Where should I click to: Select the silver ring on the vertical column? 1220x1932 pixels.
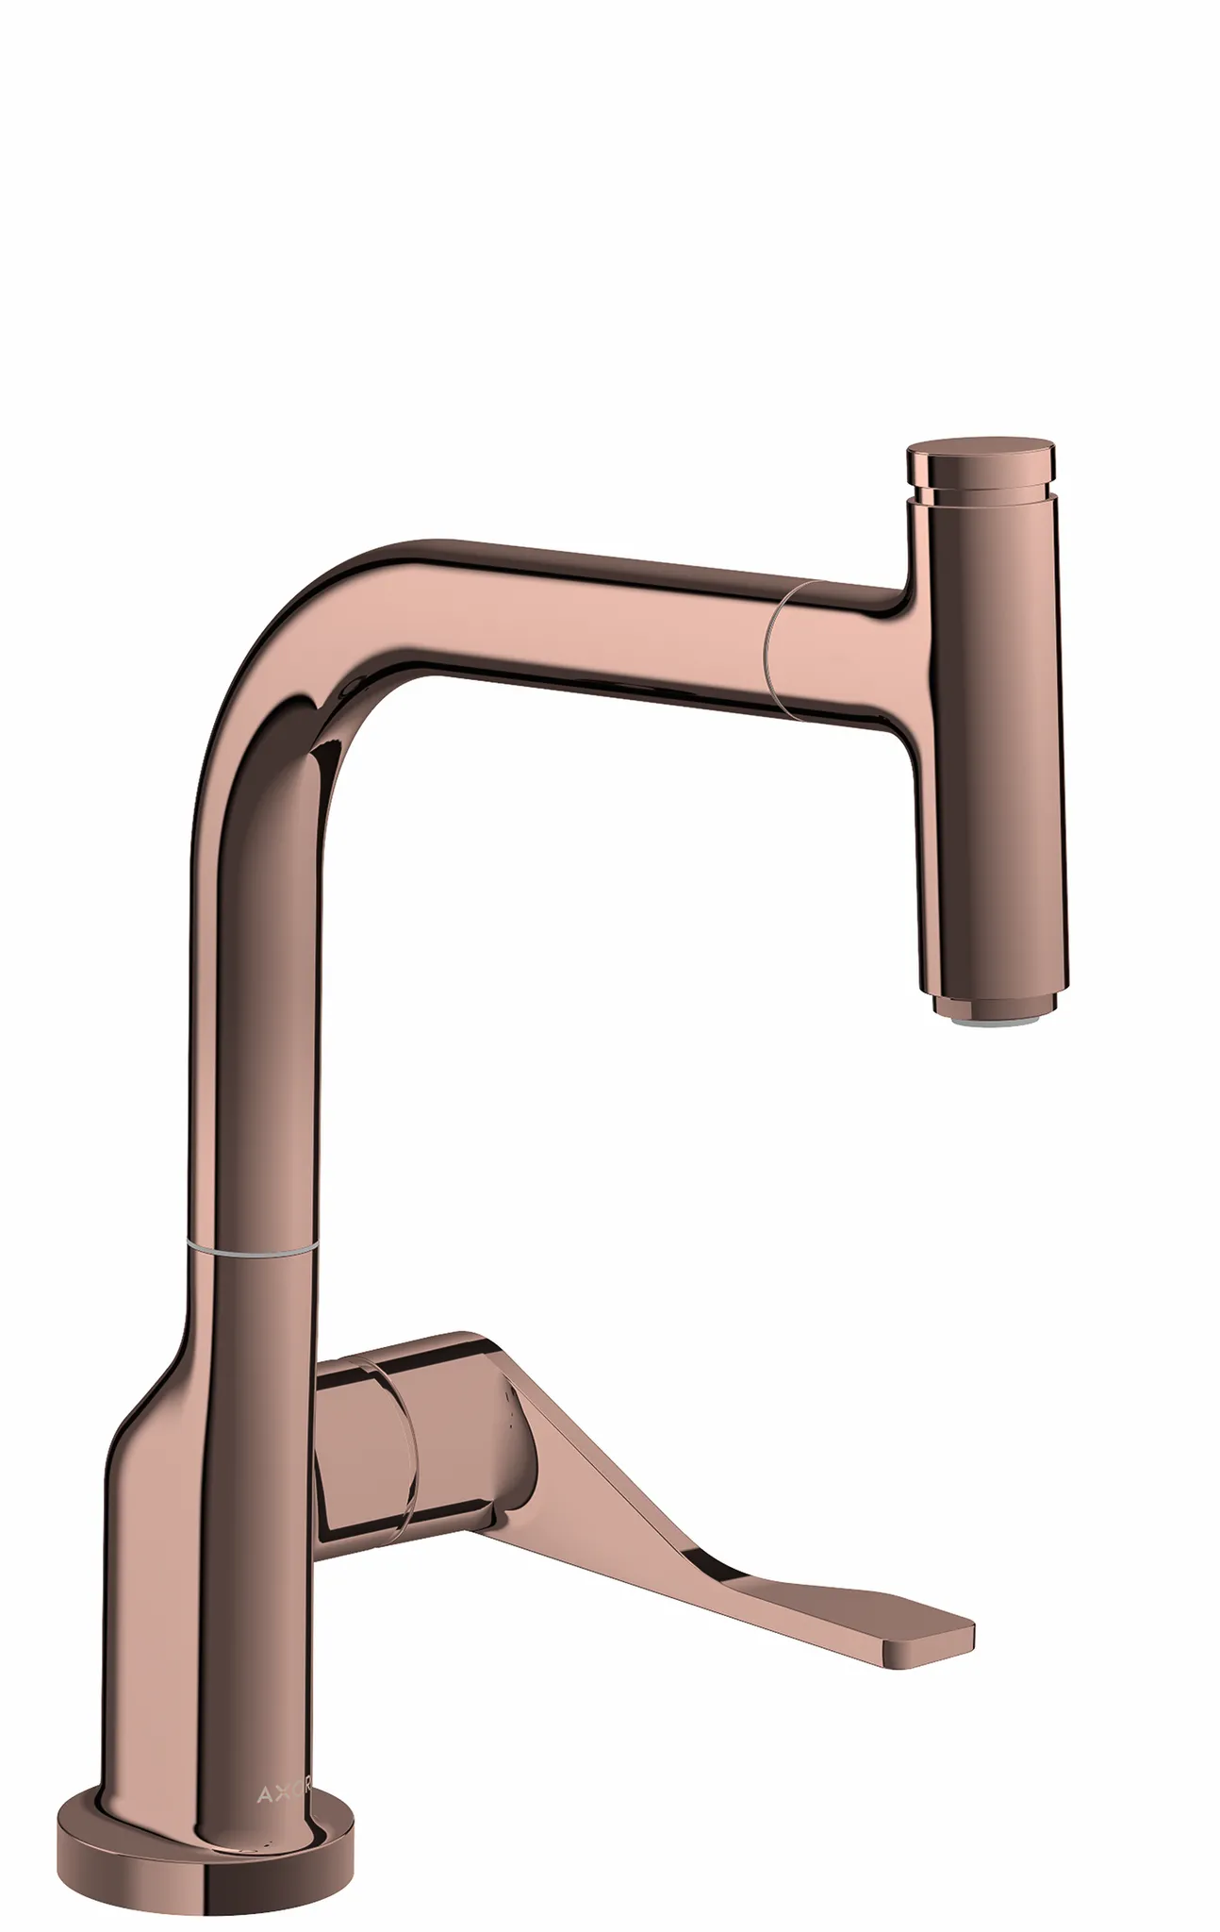(250, 1249)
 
